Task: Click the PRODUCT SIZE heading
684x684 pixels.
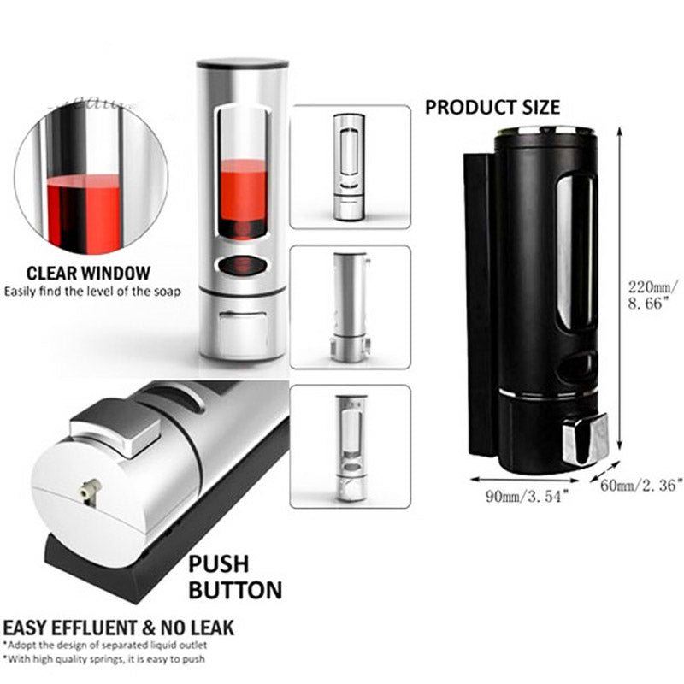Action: coord(492,107)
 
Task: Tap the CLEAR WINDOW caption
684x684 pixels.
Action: coord(88,274)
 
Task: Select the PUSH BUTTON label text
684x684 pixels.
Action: coord(234,577)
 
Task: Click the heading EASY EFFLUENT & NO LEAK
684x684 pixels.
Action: coord(118,627)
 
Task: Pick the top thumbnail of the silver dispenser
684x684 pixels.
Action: coord(350,167)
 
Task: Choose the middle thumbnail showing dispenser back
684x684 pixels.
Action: coord(350,307)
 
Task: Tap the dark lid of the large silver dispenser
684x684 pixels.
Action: coord(242,64)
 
